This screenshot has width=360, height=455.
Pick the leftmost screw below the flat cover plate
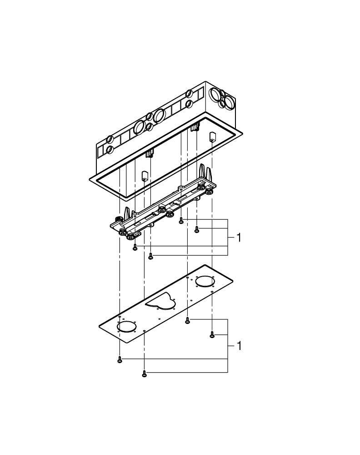tap(120, 359)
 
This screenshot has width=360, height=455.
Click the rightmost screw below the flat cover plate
tap(212, 335)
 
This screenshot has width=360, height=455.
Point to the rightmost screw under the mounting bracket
tap(197, 230)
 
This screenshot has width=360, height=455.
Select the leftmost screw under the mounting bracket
tap(135, 248)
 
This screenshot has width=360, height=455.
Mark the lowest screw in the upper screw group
tap(151, 257)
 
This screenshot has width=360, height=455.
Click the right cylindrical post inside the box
tap(212, 137)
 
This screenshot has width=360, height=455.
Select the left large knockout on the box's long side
tap(140, 127)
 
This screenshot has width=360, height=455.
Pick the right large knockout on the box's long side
tap(159, 116)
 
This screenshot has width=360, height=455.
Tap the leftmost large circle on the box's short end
tap(214, 95)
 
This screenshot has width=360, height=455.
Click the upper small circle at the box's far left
tap(110, 139)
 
